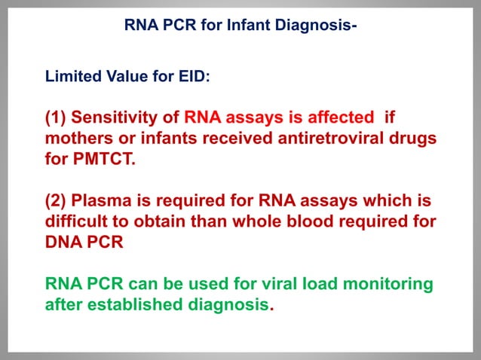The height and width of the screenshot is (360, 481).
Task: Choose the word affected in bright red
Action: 342,118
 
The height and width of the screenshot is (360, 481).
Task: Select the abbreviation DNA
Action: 63,244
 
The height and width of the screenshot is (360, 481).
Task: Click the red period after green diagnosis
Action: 271,308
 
